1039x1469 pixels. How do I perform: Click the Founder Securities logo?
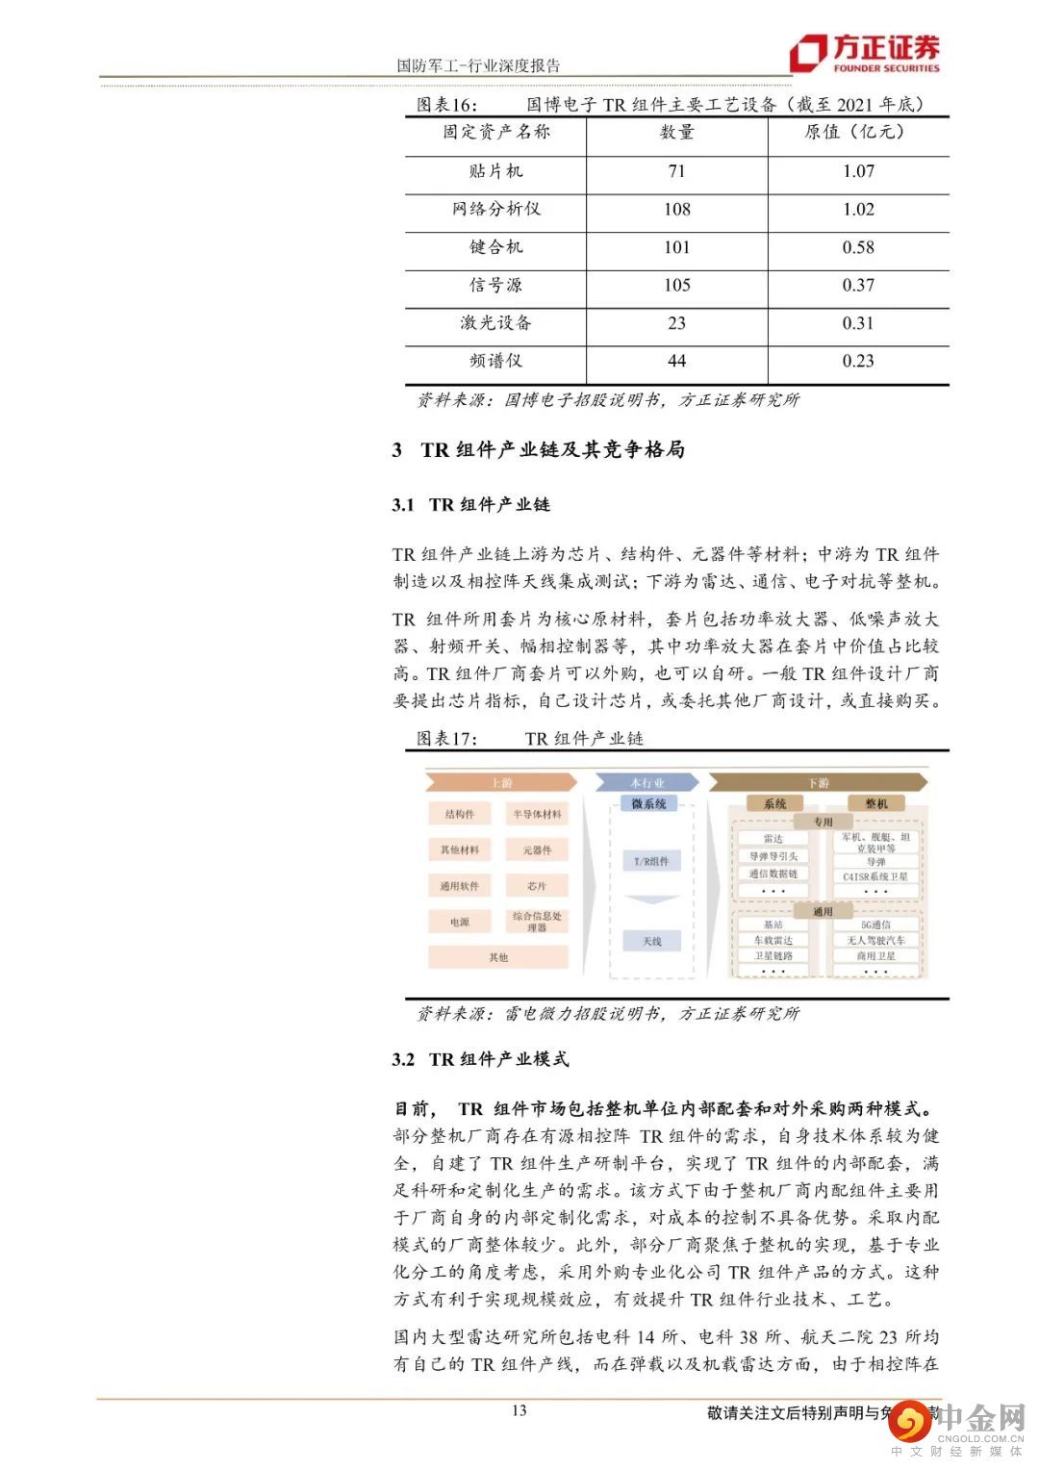[x=864, y=53]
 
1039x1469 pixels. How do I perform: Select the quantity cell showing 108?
[x=677, y=209]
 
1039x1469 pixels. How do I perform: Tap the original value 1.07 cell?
[x=858, y=171]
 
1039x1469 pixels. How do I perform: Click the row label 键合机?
[x=495, y=247]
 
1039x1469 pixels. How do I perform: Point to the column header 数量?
[x=677, y=133]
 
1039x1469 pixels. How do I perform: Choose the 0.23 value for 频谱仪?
[x=858, y=361]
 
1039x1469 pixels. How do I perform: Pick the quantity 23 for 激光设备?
[x=677, y=323]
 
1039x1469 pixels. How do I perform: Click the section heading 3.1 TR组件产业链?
[x=471, y=504]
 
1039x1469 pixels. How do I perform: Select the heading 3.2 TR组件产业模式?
[x=480, y=1059]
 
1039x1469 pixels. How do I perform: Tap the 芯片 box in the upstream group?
[x=537, y=885]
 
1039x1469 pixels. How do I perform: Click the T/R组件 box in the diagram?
[x=651, y=861]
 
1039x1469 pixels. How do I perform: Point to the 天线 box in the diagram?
[x=651, y=941]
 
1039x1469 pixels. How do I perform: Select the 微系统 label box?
[x=649, y=803]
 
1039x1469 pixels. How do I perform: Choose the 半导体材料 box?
[x=537, y=814]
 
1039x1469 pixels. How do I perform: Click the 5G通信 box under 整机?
[x=875, y=924]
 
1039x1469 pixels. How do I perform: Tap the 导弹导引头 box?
[x=773, y=856]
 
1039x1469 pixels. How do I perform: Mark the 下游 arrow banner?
[x=818, y=783]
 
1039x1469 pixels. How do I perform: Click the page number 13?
[x=519, y=1410]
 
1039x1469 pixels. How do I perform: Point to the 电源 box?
[x=460, y=922]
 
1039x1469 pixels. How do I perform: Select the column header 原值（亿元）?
[x=854, y=133]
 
